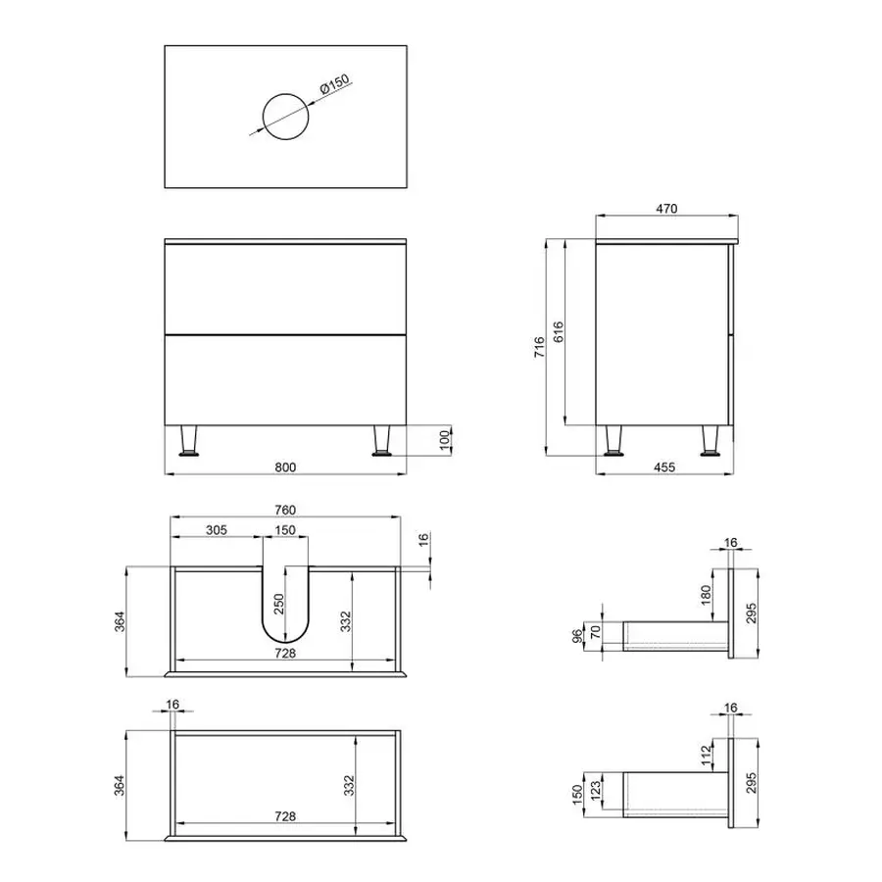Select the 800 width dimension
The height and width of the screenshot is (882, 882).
click(x=285, y=466)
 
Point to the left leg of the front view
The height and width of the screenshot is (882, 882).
click(x=188, y=442)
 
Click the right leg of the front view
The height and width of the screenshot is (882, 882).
click(x=382, y=442)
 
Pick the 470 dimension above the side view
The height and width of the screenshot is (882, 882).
click(x=667, y=208)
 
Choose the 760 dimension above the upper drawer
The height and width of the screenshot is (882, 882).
click(x=285, y=510)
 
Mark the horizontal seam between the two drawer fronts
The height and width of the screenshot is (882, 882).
click(x=285, y=334)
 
